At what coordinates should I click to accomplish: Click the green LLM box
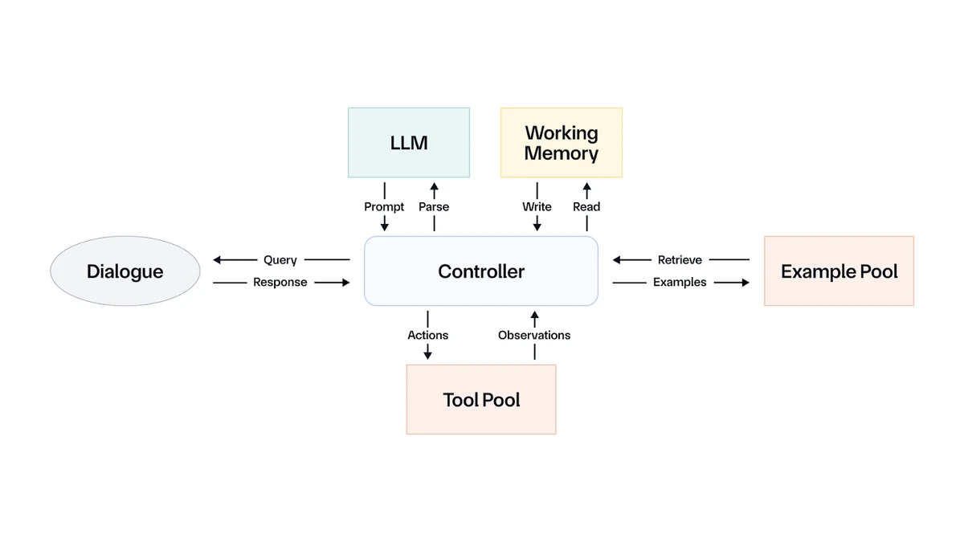pos(408,142)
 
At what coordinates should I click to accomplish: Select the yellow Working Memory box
pos(561,142)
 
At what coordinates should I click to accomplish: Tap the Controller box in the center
pos(480,271)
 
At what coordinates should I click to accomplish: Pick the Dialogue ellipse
pos(125,271)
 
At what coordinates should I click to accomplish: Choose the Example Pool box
pos(839,271)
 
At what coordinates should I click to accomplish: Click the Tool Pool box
pos(480,399)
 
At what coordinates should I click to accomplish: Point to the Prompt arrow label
pos(384,206)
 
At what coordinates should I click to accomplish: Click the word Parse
pos(434,206)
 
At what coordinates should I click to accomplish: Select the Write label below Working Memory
pos(537,206)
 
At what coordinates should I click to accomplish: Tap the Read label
pos(586,206)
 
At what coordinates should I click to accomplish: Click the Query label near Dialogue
pos(280,260)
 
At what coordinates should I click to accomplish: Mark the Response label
pos(280,283)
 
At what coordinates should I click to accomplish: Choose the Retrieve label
pos(680,260)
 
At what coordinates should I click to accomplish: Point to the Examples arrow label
pos(680,283)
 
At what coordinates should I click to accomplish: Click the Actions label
pos(427,335)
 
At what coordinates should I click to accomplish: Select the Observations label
pos(534,335)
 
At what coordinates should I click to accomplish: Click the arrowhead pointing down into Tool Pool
pos(427,356)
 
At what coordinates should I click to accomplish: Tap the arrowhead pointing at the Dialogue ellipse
pos(218,260)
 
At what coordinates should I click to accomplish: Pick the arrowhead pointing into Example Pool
pos(745,283)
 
